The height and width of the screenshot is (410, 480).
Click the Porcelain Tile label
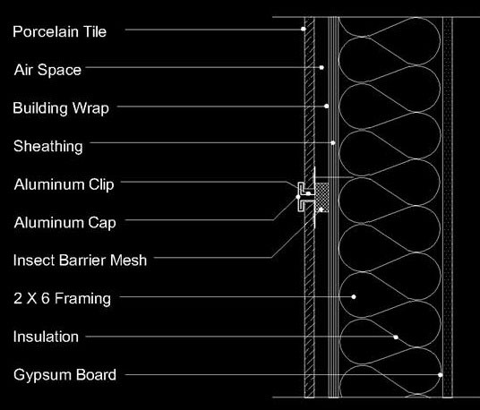pyautogui.click(x=60, y=32)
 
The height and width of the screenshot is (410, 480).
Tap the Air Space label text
pyautogui.click(x=47, y=70)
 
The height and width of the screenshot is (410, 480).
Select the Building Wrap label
pyautogui.click(x=61, y=108)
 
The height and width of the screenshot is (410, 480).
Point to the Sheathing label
pyautogui.click(x=48, y=146)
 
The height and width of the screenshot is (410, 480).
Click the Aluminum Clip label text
pyautogui.click(x=64, y=184)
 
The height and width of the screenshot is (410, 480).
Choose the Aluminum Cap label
pyautogui.click(x=64, y=223)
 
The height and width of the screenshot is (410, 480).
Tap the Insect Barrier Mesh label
pyautogui.click(x=81, y=261)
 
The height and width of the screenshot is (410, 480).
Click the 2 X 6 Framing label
pyautogui.click(x=62, y=298)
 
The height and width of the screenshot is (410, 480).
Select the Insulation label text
pyautogui.click(x=46, y=337)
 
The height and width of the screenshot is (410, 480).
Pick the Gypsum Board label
pyautogui.click(x=64, y=375)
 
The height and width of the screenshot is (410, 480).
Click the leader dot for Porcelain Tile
pyautogui.click(x=303, y=29)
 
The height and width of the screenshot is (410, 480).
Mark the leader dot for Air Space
pyautogui.click(x=321, y=67)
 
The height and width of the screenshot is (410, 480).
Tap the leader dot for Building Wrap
pyautogui.click(x=327, y=107)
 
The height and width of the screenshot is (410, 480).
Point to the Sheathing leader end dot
pyautogui.click(x=333, y=142)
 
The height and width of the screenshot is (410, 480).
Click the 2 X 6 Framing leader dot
pyautogui.click(x=354, y=297)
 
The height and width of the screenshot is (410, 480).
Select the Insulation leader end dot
pyautogui.click(x=396, y=337)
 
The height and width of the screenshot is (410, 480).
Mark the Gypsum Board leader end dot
pyautogui.click(x=441, y=375)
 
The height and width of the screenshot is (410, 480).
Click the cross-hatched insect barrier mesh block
pyautogui.click(x=322, y=198)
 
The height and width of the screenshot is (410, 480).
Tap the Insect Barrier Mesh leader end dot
pyautogui.click(x=321, y=209)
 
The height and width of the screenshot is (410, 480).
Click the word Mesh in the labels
pyautogui.click(x=129, y=261)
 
